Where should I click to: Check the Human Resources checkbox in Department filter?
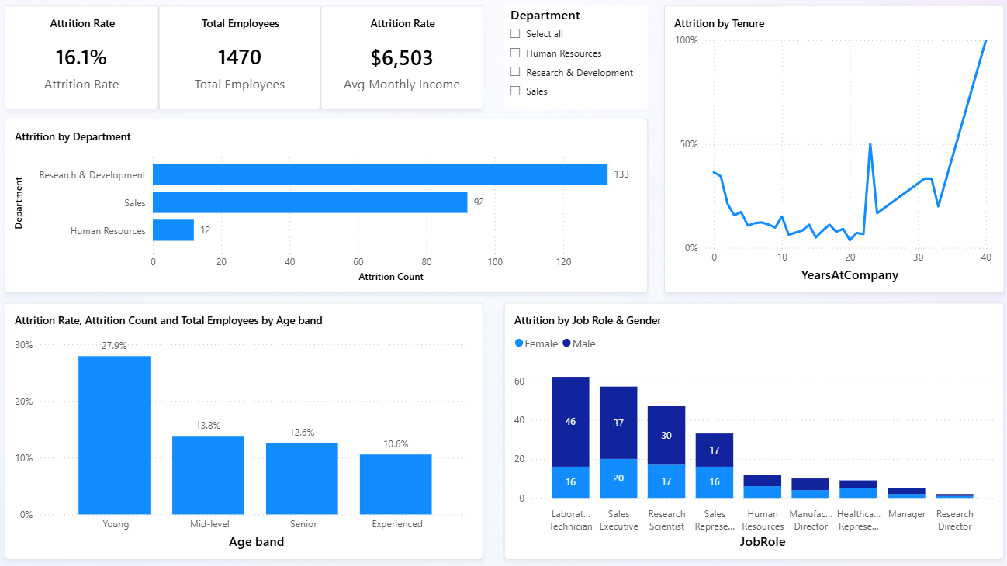click(515, 53)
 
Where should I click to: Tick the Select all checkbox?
click(515, 33)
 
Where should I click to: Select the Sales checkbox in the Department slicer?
click(515, 91)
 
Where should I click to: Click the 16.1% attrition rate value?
click(81, 57)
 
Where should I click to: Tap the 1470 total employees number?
click(240, 57)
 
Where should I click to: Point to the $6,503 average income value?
click(401, 57)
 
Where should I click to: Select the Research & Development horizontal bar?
click(379, 174)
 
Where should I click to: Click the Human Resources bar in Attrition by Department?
click(173, 230)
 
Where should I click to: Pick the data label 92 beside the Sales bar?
click(479, 202)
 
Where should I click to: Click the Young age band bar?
click(115, 435)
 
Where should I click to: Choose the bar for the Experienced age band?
click(396, 484)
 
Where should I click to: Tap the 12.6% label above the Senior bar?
click(302, 433)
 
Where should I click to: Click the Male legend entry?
click(579, 343)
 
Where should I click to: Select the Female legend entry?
click(537, 343)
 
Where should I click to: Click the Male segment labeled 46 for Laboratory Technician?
click(570, 422)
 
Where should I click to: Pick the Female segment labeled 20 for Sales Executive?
click(618, 478)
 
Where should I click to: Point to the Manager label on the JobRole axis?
click(906, 514)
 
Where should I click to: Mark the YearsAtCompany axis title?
click(850, 274)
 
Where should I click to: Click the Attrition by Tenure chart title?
click(718, 23)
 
